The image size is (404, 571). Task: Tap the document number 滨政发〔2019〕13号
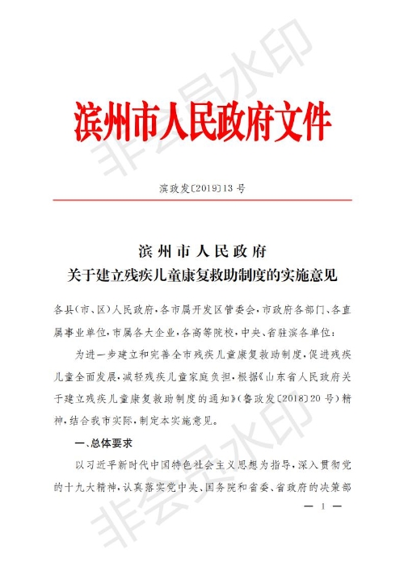pos(202,190)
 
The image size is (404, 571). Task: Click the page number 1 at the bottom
pos(322,507)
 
